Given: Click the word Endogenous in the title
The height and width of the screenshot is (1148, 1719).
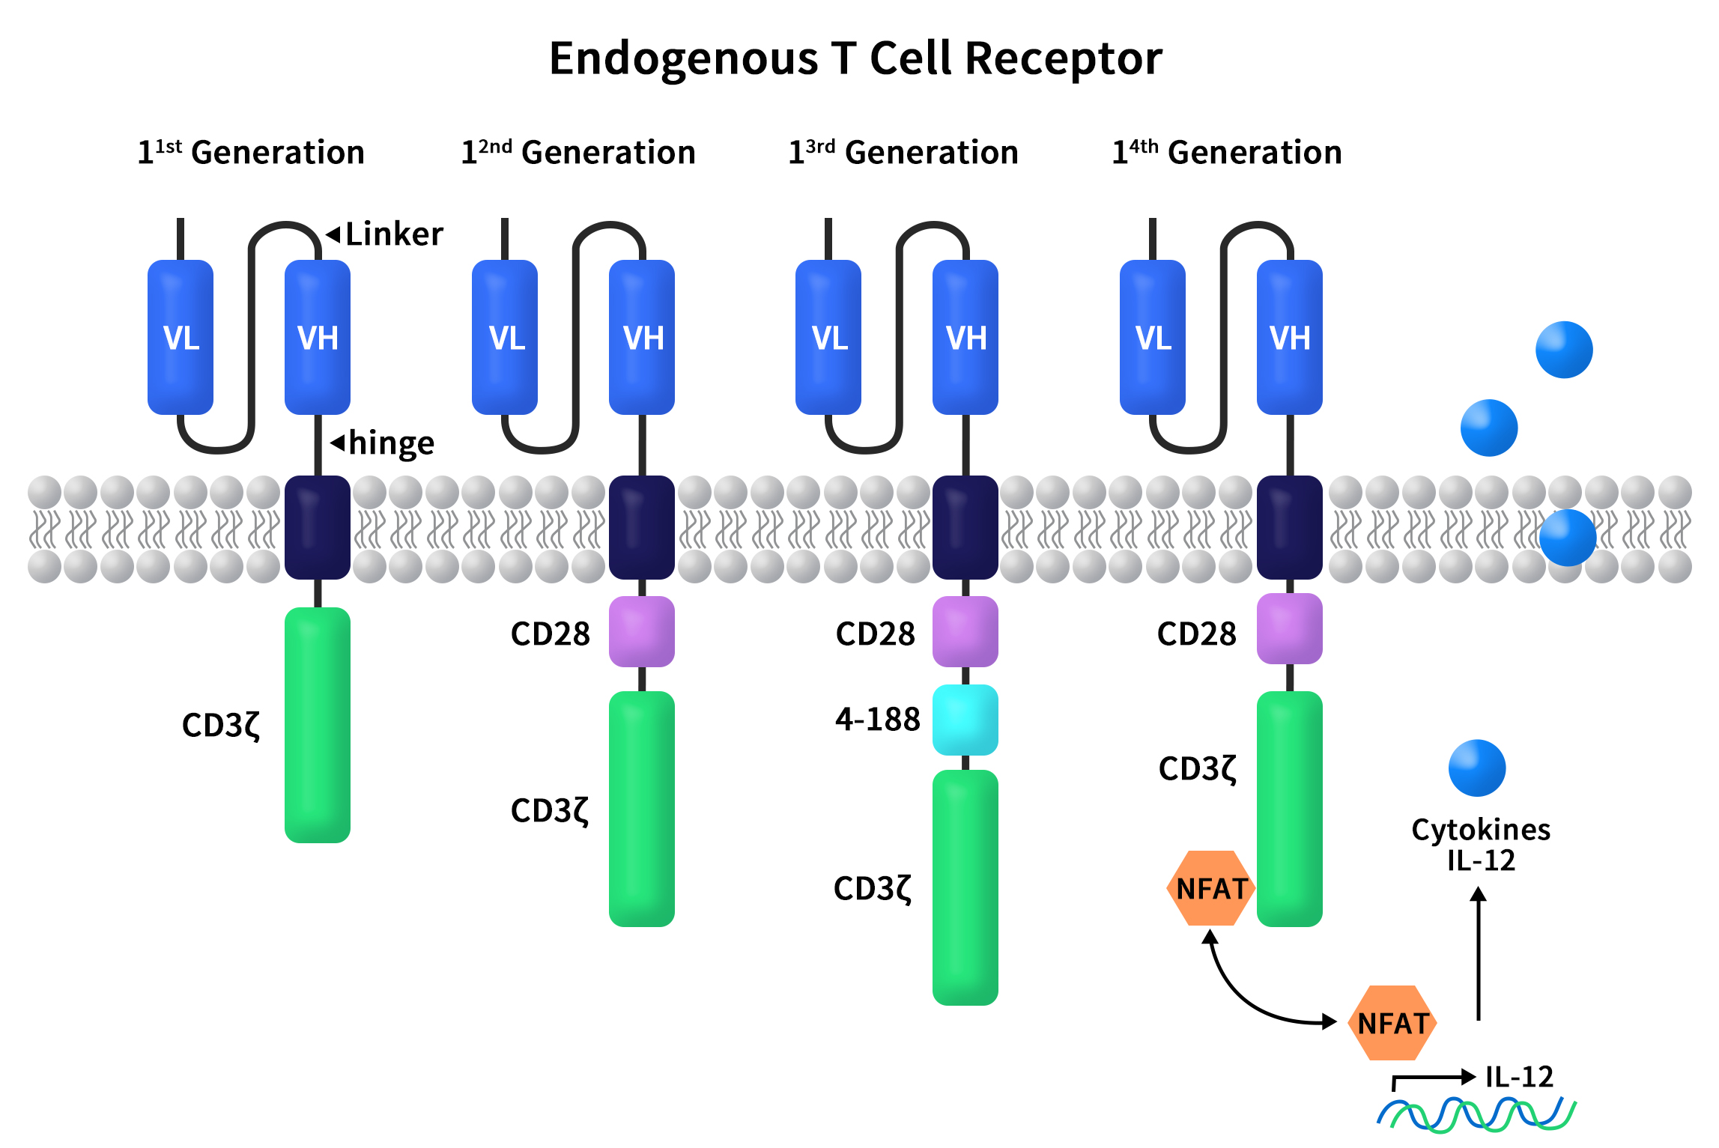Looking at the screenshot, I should (x=683, y=60).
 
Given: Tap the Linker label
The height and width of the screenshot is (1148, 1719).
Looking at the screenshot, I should (x=394, y=234).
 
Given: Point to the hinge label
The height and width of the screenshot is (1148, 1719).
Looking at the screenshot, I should (x=391, y=443).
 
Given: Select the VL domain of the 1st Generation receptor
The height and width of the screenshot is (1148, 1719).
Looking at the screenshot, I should (x=181, y=337).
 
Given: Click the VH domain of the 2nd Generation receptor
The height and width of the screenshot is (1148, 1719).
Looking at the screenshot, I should (x=642, y=337).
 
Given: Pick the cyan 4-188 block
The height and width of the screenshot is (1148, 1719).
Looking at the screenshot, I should (x=965, y=720).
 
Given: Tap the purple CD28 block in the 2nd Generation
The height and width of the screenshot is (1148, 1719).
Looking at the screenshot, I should (x=641, y=631).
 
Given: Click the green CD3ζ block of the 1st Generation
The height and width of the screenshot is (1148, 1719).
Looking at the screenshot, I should (x=318, y=725).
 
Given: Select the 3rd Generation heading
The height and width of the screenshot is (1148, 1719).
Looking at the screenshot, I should (x=903, y=153).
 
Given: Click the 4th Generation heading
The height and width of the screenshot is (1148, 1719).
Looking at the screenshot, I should (x=1227, y=153).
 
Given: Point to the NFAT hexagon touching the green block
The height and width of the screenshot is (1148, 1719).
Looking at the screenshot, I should (x=1210, y=888).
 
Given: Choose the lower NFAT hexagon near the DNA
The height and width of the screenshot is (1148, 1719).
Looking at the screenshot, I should (x=1392, y=1023).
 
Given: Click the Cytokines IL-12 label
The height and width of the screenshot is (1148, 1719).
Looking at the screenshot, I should (x=1481, y=845).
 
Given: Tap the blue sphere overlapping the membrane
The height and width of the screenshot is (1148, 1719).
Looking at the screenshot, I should (x=1568, y=538).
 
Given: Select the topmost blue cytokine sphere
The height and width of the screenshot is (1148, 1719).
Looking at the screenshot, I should (x=1564, y=350).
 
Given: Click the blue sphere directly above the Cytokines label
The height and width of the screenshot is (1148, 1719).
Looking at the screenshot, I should (x=1477, y=768).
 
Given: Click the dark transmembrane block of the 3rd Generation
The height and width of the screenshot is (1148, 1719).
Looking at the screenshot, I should (x=965, y=527).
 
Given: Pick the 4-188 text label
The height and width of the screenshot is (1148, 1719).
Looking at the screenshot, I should (x=877, y=720).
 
